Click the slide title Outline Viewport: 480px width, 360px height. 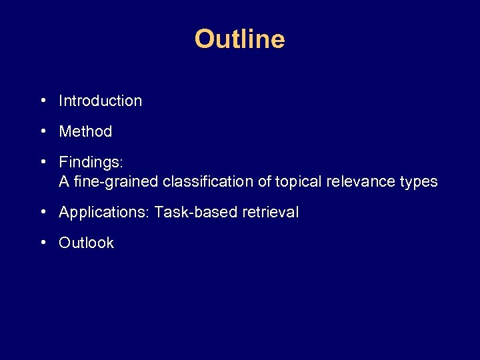[x=239, y=39]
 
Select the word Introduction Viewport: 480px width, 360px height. [x=100, y=101]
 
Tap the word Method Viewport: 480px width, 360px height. [x=85, y=132]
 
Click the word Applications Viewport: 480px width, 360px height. [x=104, y=213]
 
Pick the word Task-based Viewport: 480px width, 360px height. [x=187, y=213]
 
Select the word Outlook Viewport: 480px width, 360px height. [x=86, y=243]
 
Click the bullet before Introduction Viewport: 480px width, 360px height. [x=43, y=101]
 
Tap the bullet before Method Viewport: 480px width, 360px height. [x=43, y=132]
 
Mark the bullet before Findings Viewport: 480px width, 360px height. [x=43, y=163]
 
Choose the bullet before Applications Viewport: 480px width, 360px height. [x=43, y=213]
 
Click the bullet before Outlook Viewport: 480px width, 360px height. [x=43, y=243]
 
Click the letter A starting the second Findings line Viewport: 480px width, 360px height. [x=64, y=181]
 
